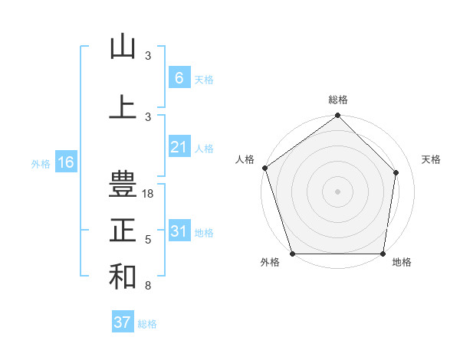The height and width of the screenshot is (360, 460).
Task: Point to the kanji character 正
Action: click(x=123, y=230)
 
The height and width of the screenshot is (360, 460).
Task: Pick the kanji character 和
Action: click(x=123, y=276)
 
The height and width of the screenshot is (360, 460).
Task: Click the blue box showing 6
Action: click(x=179, y=77)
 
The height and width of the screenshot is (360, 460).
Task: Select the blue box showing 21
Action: click(x=179, y=147)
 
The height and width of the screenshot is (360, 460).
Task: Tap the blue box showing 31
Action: click(x=179, y=231)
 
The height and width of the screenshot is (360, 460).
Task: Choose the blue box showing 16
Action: click(x=65, y=162)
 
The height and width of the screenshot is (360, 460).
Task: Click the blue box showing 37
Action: click(x=122, y=322)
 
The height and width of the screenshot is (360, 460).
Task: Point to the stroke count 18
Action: click(x=148, y=194)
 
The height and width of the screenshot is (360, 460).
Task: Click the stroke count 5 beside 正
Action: click(x=148, y=240)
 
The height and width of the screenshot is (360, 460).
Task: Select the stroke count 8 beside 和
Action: click(x=148, y=286)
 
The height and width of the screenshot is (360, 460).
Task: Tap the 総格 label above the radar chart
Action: click(x=338, y=100)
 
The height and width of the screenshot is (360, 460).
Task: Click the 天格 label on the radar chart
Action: click(x=432, y=159)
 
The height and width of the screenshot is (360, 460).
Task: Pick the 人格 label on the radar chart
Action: click(x=245, y=159)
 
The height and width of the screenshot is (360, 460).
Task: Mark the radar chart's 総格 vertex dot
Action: click(x=337, y=116)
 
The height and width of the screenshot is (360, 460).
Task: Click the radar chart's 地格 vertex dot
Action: click(x=383, y=254)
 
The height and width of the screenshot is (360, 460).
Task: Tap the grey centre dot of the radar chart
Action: click(x=337, y=191)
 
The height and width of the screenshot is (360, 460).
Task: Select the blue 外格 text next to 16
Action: click(x=41, y=163)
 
